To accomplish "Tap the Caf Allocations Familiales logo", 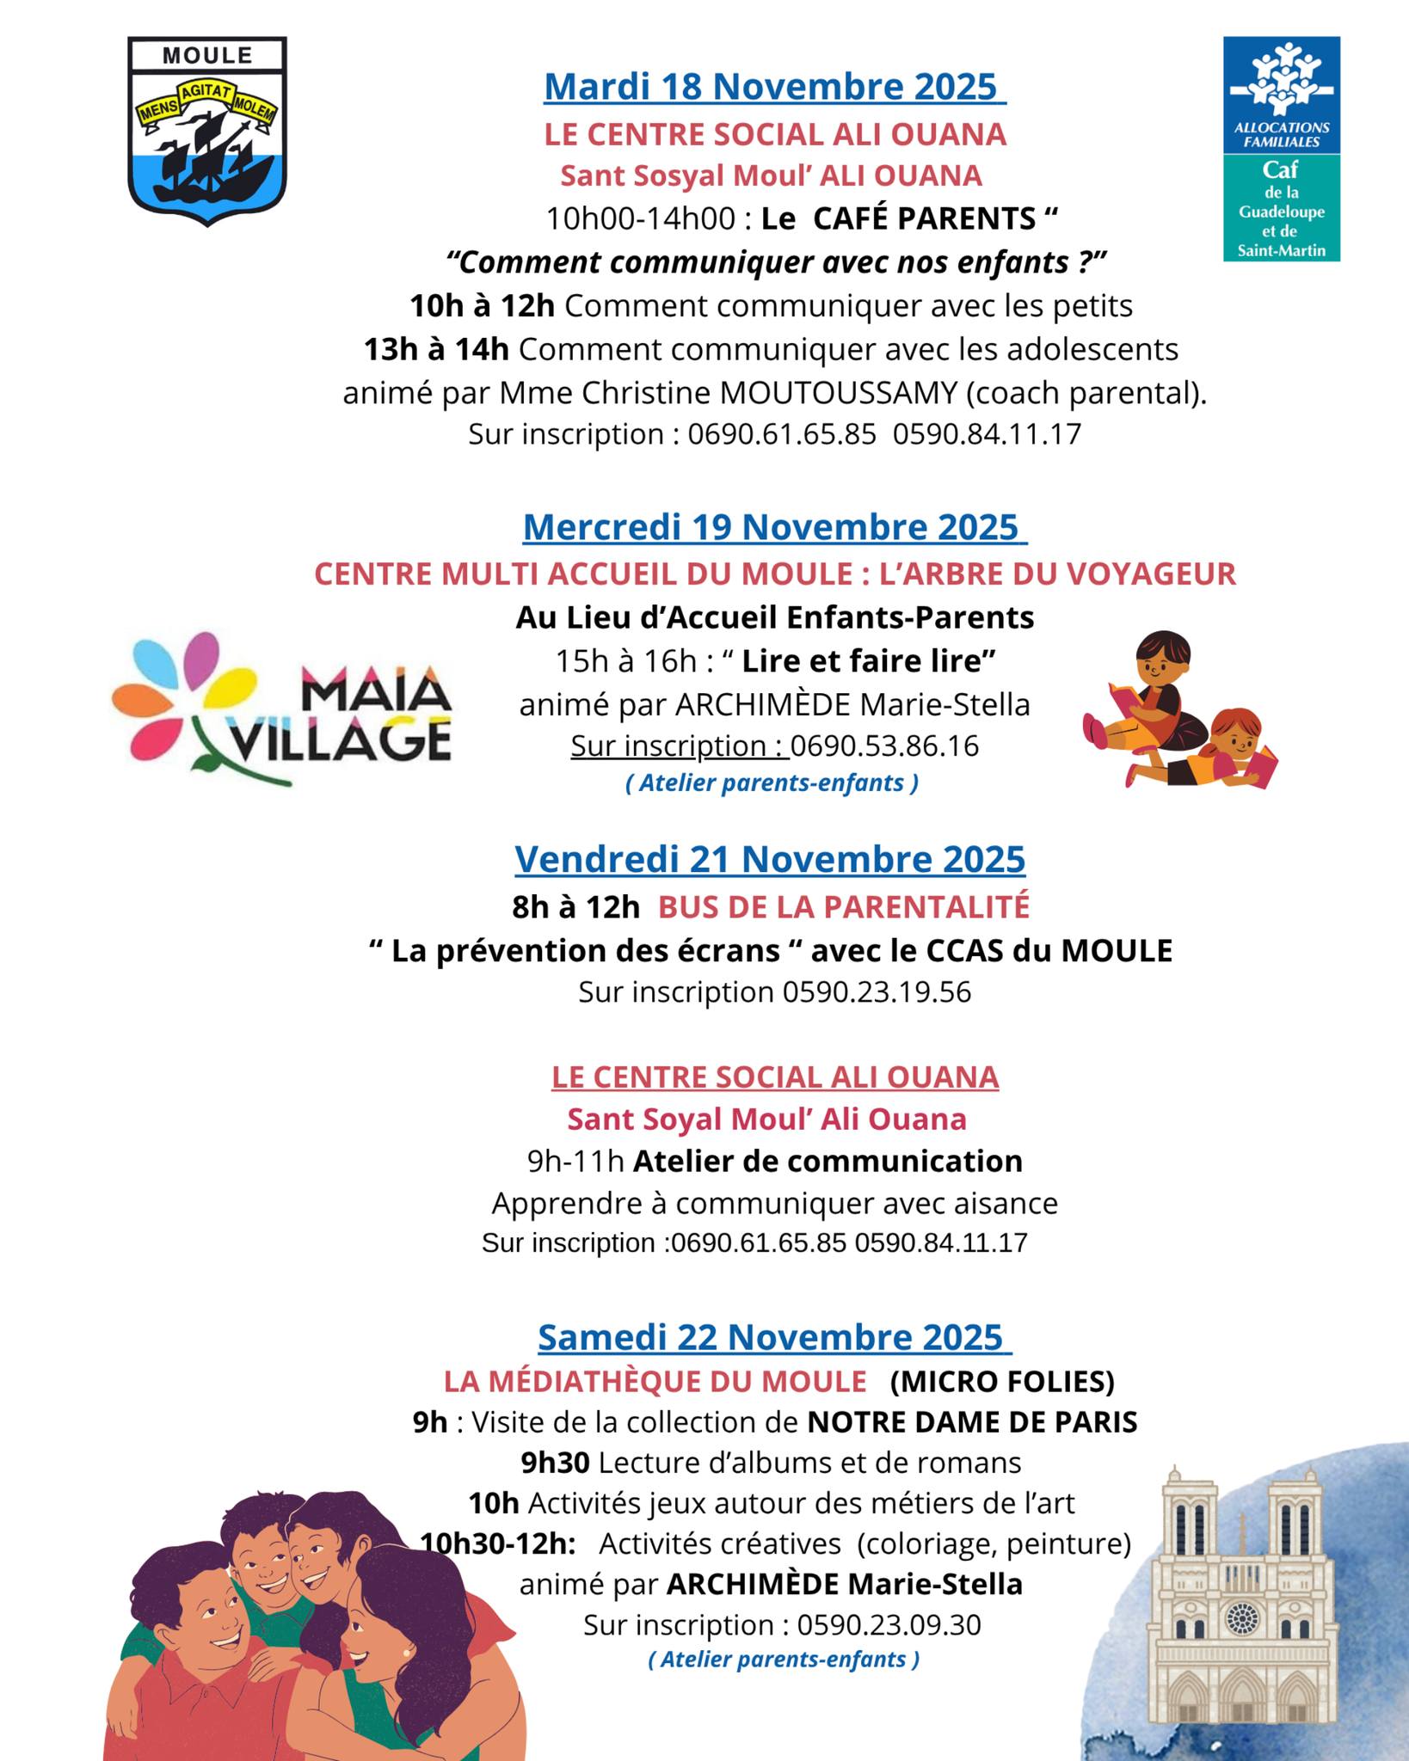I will [x=1281, y=148].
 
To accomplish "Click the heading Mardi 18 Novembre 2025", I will [x=774, y=87].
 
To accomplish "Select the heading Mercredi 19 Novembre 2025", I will [x=774, y=527].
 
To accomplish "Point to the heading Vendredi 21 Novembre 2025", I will [x=770, y=859].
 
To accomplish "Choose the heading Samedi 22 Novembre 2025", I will [x=774, y=1337].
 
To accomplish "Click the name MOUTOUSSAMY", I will [x=838, y=393].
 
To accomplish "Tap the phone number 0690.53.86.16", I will [x=884, y=746].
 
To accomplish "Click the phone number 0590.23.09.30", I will [x=889, y=1625].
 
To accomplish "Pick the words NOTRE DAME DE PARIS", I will [x=972, y=1422].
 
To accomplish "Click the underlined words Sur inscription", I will [x=680, y=746].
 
